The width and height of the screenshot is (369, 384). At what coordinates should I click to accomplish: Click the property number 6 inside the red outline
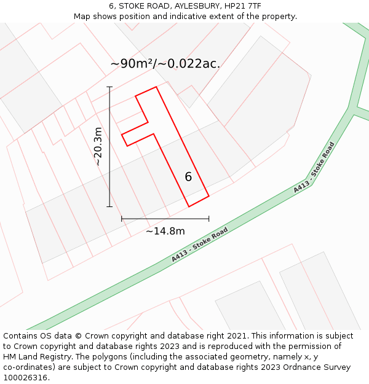coord(188,177)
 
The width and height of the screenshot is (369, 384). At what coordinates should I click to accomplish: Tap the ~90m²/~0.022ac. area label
coord(165,64)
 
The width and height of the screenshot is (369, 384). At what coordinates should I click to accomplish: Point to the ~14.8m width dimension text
coord(165,231)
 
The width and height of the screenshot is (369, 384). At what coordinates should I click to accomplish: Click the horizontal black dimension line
coord(165,218)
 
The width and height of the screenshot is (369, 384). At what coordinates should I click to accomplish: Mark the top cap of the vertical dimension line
coord(110,87)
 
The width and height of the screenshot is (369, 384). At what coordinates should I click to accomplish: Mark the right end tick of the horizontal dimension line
coord(208,218)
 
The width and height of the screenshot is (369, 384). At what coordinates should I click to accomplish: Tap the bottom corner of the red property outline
coord(189,206)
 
